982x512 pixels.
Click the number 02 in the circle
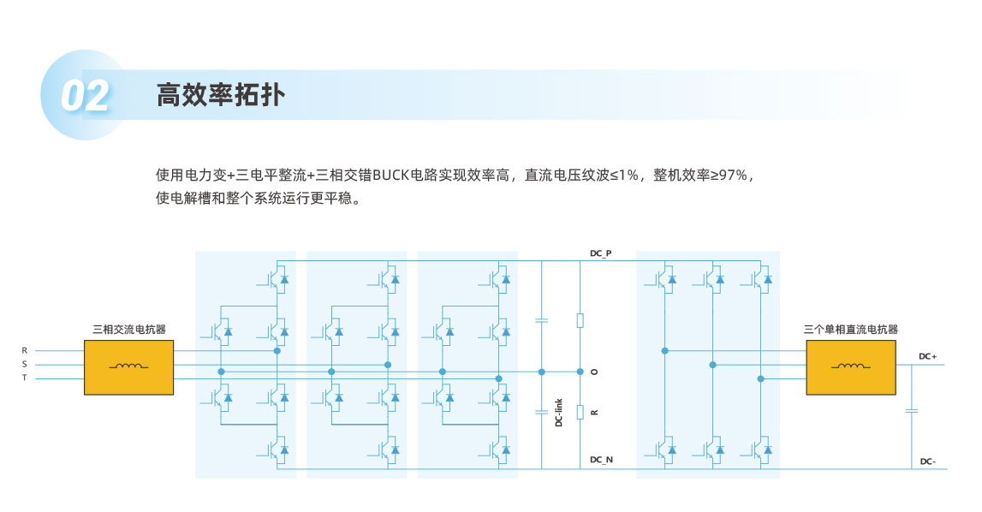[85, 96]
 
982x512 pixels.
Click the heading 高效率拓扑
[220, 95]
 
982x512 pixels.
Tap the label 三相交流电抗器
[129, 329]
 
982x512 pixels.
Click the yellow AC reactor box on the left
[129, 366]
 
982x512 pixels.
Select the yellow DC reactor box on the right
[849, 366]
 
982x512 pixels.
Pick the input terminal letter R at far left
[25, 350]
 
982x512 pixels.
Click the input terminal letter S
[25, 364]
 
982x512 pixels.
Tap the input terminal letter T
[25, 378]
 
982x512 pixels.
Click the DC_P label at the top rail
[601, 254]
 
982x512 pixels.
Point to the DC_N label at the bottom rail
[601, 460]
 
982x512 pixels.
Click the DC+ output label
[927, 356]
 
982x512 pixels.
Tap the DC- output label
[927, 461]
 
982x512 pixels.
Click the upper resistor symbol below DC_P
[580, 320]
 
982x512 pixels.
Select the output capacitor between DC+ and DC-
[911, 411]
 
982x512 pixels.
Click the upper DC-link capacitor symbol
[541, 320]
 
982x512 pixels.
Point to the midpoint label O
[594, 372]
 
